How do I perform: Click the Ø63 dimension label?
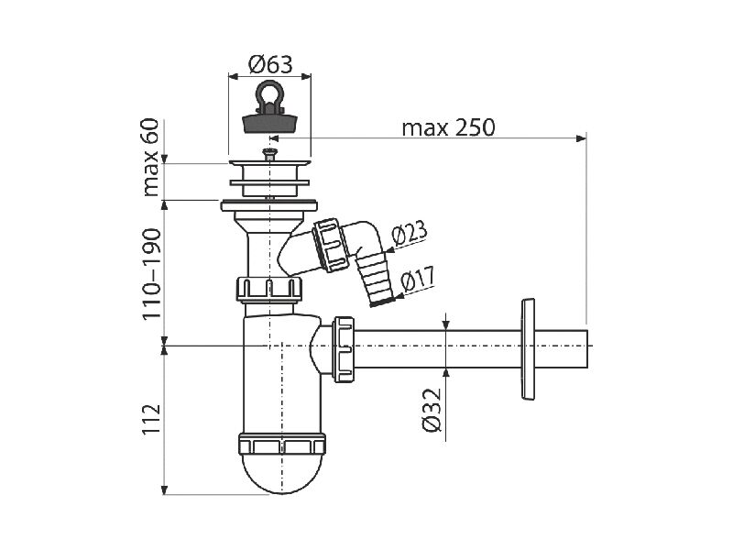coord(270,64)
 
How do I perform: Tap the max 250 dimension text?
coord(448,127)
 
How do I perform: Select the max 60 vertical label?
coord(150,157)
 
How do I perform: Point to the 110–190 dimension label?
coord(151,274)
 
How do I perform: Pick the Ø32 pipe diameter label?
coord(431,410)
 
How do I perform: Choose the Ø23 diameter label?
coord(409,233)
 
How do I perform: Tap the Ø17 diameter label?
coord(418,279)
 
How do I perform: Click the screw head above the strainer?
coord(269,151)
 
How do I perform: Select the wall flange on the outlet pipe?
coord(528,349)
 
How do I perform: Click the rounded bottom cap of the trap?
coord(282,472)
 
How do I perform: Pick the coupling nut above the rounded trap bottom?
coord(282,444)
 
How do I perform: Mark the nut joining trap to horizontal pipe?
coord(343,349)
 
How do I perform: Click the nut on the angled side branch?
coord(331,245)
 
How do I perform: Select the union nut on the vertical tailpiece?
coord(269,289)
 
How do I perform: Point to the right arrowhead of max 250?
coord(581,138)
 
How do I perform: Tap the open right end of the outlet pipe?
coord(586,349)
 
